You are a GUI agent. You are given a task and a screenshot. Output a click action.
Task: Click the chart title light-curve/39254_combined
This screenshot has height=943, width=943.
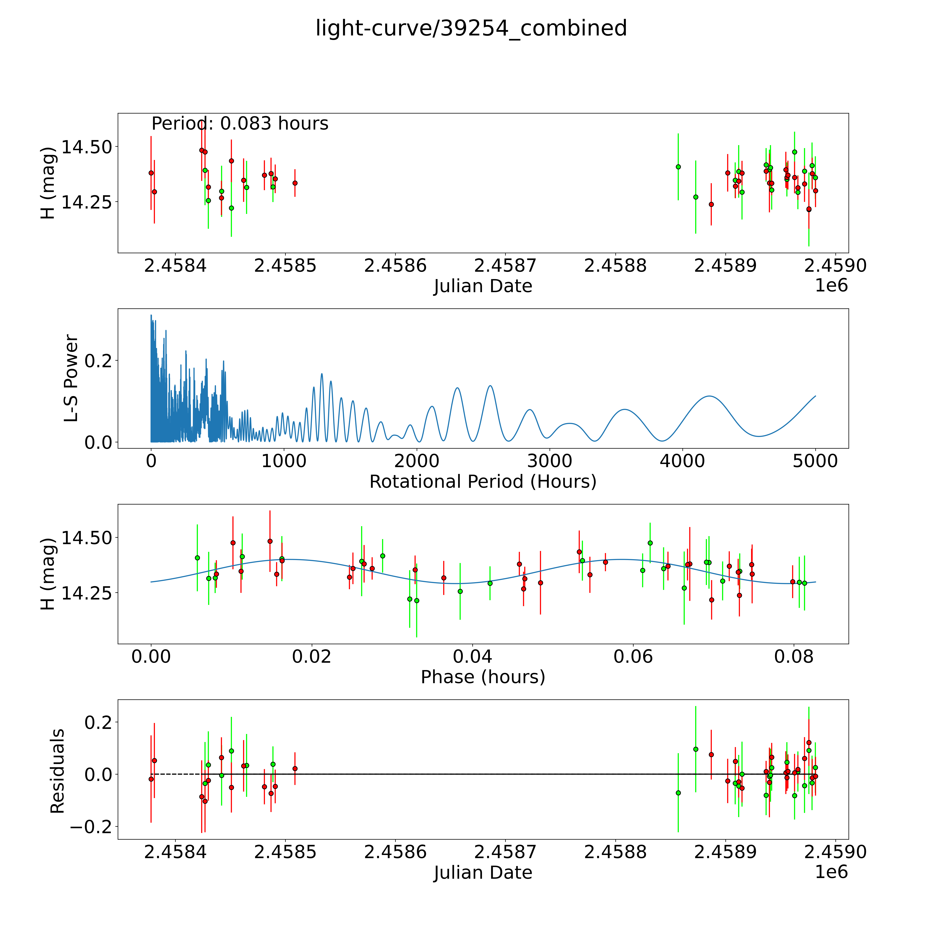pos(471,28)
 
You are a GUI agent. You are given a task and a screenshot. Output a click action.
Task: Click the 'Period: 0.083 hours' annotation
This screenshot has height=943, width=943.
pos(240,124)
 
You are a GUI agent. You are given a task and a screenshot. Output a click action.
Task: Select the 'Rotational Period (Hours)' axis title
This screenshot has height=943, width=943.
pos(483,482)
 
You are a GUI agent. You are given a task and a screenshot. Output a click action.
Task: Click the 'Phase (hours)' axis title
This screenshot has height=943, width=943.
pos(483,677)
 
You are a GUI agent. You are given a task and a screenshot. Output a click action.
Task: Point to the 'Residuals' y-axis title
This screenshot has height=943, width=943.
pos(58,771)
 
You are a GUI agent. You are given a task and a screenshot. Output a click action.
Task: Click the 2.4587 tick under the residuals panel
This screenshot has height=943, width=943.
pos(505,852)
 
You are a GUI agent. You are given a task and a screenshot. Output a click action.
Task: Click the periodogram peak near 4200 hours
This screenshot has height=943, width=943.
pos(709,396)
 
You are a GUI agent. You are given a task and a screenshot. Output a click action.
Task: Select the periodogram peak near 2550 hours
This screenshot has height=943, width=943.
pos(490,386)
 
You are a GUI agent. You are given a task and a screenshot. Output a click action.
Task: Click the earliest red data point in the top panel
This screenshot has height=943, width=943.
pos(151,173)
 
